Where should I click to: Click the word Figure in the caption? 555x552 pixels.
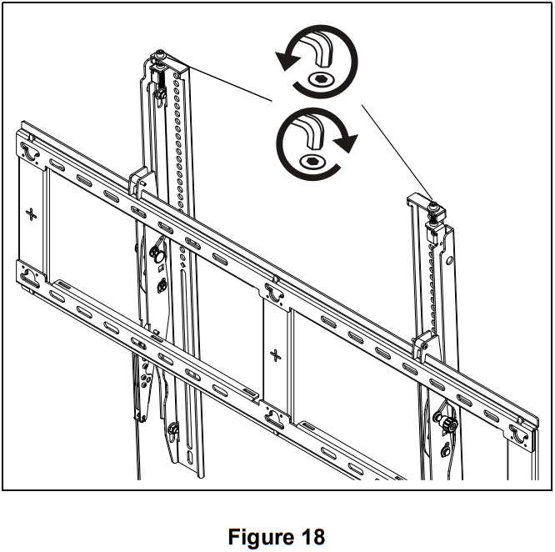click(260, 536)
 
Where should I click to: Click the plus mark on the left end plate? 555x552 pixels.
click(32, 214)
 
